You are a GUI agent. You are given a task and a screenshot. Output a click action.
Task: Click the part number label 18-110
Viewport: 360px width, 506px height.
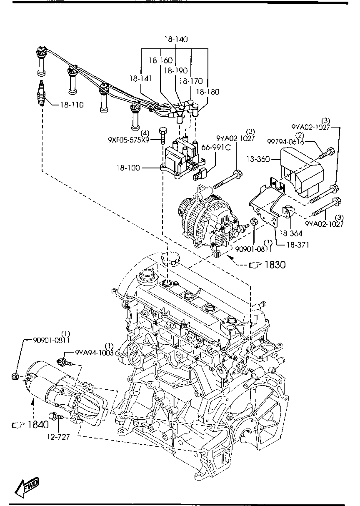pyautogui.click(x=72, y=105)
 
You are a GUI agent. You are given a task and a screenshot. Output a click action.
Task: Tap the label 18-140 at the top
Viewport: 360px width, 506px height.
pyautogui.click(x=175, y=40)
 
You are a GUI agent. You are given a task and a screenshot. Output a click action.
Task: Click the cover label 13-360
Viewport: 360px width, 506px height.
pyautogui.click(x=257, y=159)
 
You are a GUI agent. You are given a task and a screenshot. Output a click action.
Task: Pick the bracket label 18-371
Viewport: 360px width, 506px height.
pyautogui.click(x=297, y=245)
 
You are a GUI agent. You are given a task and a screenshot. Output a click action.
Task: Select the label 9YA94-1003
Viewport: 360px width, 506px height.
pyautogui.click(x=94, y=353)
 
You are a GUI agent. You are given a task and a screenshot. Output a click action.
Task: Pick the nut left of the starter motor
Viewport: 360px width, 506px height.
pyautogui.click(x=15, y=377)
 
